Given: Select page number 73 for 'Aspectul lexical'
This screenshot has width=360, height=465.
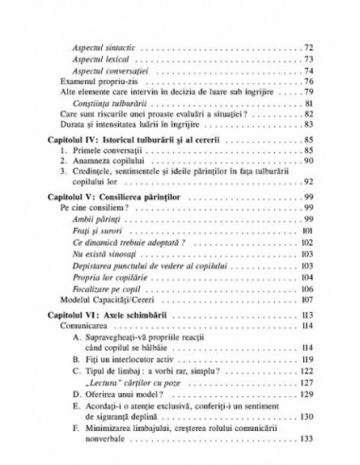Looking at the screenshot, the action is click(307, 60).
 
